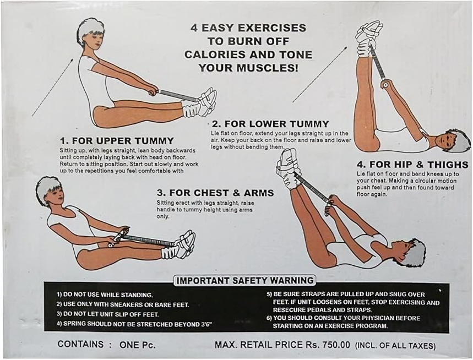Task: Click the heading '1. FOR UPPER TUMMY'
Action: [x=117, y=141]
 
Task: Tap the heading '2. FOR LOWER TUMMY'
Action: [x=270, y=124]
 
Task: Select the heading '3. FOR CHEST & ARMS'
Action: [x=215, y=193]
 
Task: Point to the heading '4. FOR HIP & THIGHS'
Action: [x=412, y=165]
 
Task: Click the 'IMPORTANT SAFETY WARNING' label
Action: [x=245, y=281]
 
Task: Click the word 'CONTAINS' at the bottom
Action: [x=80, y=344]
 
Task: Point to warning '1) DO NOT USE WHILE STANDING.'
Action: [x=105, y=294]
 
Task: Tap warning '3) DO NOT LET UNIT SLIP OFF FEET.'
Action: [x=108, y=314]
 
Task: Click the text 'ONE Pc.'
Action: [x=138, y=345]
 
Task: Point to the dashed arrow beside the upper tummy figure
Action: [x=52, y=88]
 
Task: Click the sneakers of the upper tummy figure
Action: [x=200, y=103]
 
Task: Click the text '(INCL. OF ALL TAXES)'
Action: [x=395, y=346]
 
